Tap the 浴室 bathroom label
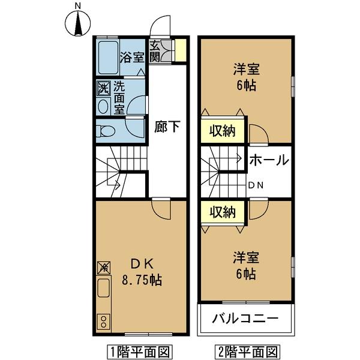tap(131, 58)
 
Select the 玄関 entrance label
tap(155, 52)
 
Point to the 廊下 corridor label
tap(167, 127)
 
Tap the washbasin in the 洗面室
tap(103, 107)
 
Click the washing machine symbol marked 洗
tap(103, 88)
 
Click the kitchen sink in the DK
tap(104, 290)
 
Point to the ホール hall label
tap(268, 160)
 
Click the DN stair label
tap(256, 185)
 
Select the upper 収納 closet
tap(222, 130)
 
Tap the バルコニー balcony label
tap(245, 319)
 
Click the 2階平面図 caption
tap(245, 350)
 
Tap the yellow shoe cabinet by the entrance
tap(179, 50)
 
